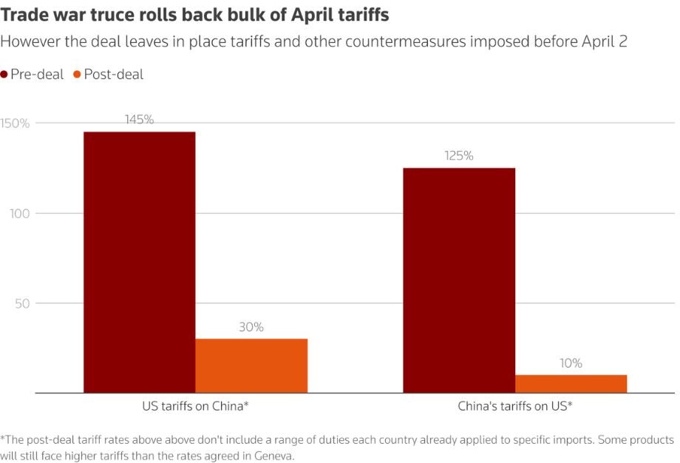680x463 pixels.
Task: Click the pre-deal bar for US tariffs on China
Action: (x=139, y=263)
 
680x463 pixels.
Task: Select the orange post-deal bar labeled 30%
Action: (x=251, y=366)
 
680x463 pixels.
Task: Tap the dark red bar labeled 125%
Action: (x=459, y=280)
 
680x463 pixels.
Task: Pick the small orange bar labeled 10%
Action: (x=571, y=384)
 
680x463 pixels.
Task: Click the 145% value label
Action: (x=139, y=120)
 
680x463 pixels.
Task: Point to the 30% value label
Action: (x=251, y=327)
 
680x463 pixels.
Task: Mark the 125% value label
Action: (x=459, y=156)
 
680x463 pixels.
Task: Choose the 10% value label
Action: (x=571, y=363)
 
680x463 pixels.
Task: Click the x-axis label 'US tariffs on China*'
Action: (x=195, y=406)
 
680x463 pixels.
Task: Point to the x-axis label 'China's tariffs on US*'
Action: (x=515, y=406)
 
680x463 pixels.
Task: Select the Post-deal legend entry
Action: (x=113, y=74)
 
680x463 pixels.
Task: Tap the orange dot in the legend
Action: (x=77, y=75)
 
